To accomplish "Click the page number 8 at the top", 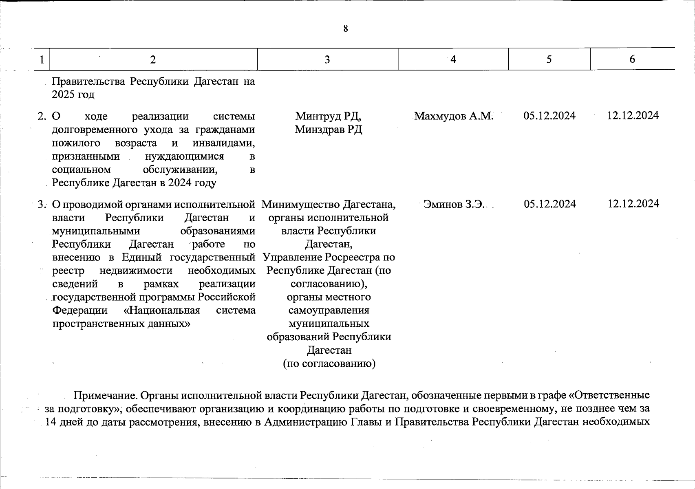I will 346,29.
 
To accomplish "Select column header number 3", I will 327,60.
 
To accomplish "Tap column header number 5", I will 549,59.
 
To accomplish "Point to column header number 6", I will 632,59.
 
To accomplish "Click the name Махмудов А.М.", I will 453,116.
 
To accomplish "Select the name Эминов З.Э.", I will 454,204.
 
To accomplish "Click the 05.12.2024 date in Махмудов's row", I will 549,116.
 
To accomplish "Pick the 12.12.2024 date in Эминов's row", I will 633,204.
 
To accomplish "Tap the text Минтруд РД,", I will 328,116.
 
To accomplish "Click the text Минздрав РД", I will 328,130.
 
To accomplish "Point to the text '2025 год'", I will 73,95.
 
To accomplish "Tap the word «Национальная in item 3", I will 161,311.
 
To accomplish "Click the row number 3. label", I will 42,205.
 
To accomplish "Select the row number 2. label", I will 42,117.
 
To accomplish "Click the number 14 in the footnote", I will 51,422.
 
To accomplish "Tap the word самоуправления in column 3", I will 329,311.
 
